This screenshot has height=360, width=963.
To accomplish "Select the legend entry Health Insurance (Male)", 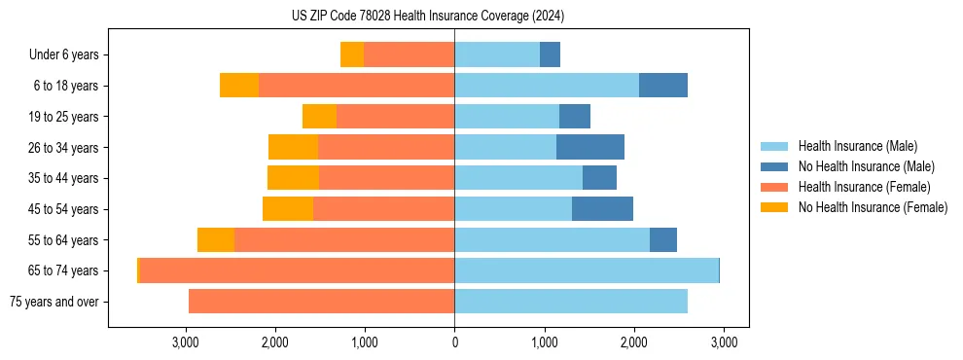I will [857, 146].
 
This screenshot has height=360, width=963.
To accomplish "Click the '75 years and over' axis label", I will [54, 302].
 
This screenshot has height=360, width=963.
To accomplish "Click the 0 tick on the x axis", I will [454, 342].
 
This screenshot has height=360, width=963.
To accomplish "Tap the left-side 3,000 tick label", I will [186, 342].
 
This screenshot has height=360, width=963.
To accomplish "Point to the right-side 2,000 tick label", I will [633, 342].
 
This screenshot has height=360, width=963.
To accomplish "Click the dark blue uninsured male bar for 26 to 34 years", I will [590, 147].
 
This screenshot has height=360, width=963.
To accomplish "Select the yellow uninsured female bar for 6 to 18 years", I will [239, 86].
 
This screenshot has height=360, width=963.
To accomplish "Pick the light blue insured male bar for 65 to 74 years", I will [587, 270].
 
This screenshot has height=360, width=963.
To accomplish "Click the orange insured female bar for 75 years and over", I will [321, 302].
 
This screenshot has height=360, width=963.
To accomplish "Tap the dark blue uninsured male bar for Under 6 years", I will [550, 54].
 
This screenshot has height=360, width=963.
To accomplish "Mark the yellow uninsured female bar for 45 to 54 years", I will [288, 209].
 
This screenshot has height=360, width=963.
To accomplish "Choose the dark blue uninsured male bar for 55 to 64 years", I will [663, 239].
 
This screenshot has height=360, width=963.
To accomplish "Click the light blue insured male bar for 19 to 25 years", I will [507, 117].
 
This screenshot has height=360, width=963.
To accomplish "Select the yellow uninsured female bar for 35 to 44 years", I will [293, 178].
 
